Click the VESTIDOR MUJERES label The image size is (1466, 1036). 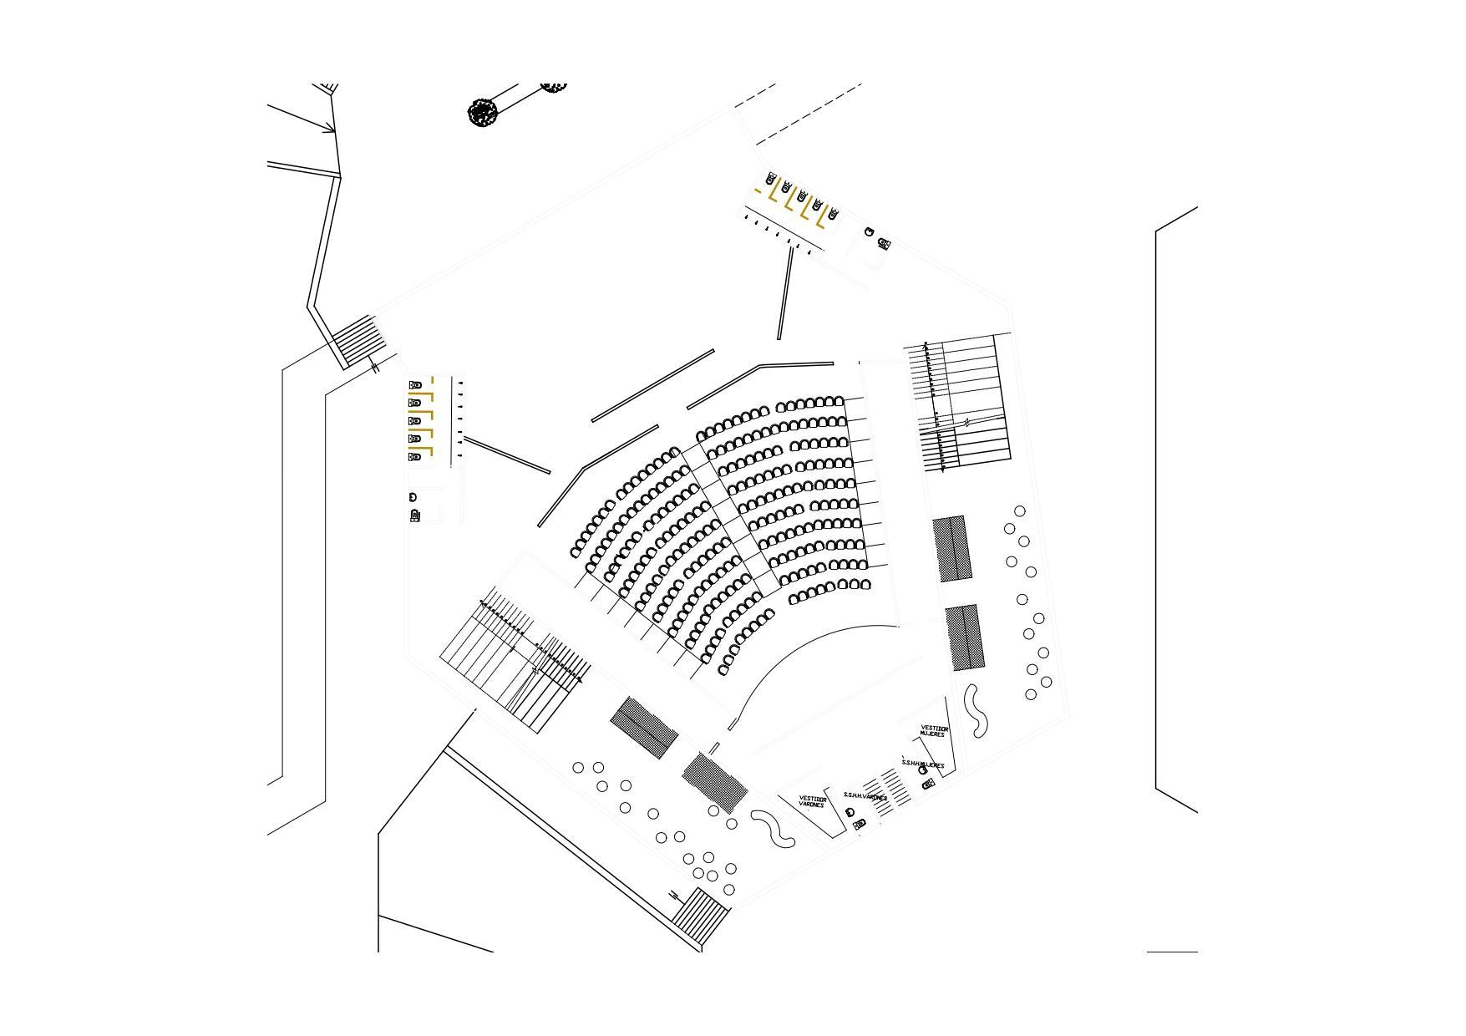coord(934,731)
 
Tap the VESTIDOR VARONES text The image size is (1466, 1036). coord(812,801)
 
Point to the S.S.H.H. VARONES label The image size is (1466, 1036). coord(865,796)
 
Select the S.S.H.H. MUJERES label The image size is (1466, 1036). coord(923,764)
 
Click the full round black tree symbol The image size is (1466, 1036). coord(483,112)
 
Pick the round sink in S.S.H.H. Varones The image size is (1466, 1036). coord(850,812)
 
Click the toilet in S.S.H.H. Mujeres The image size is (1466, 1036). coord(927,784)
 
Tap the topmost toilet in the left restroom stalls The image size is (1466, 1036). coord(415,385)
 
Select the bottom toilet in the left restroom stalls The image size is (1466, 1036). coord(415,457)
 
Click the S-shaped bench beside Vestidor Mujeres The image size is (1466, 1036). coord(976,711)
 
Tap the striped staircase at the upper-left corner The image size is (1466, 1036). coord(358,340)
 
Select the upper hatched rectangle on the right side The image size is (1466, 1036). coord(952,548)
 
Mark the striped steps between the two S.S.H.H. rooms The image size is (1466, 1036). coord(888,789)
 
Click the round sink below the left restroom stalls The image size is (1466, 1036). coord(413,497)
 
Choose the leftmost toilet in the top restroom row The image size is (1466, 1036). coord(771,179)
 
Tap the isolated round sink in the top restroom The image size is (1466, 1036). coord(870,231)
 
